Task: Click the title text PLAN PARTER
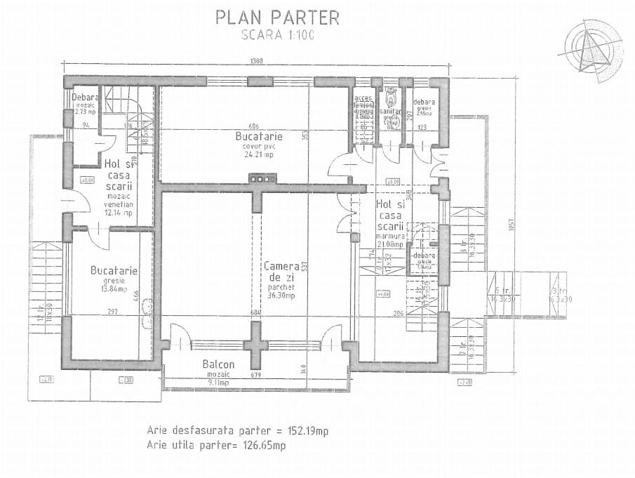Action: (277, 17)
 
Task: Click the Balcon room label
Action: (218, 365)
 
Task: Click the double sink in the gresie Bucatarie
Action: (147, 313)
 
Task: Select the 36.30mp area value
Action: (281, 296)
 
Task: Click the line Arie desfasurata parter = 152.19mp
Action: (238, 430)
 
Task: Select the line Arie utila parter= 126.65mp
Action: (217, 445)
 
